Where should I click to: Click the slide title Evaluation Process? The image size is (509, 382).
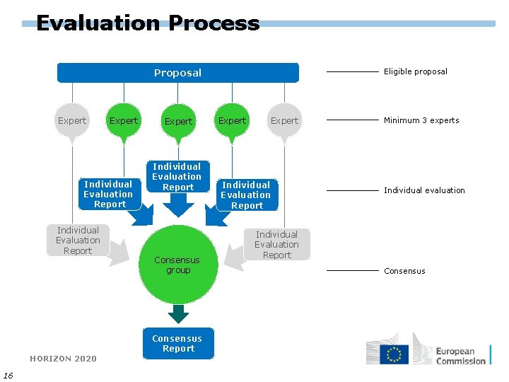(148, 23)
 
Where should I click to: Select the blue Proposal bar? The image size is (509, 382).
(178, 73)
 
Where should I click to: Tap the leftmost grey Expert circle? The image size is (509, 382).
(71, 121)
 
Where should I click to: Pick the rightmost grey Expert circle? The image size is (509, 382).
(284, 121)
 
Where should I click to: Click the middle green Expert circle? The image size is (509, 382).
(178, 121)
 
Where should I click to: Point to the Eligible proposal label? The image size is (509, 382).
(415, 71)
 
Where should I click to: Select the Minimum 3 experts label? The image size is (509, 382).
(421, 120)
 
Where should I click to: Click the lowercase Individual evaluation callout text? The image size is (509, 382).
(424, 190)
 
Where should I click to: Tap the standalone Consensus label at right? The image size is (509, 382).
(405, 271)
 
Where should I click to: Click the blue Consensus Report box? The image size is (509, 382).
(178, 344)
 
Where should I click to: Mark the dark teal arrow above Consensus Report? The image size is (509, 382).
(179, 313)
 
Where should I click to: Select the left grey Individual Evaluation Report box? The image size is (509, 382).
(78, 241)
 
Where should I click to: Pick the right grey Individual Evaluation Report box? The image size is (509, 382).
(276, 245)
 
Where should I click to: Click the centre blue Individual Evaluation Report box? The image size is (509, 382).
(177, 177)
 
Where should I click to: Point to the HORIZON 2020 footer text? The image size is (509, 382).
(64, 359)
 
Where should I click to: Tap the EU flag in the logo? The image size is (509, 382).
(394, 354)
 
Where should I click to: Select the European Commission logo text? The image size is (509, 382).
(460, 356)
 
